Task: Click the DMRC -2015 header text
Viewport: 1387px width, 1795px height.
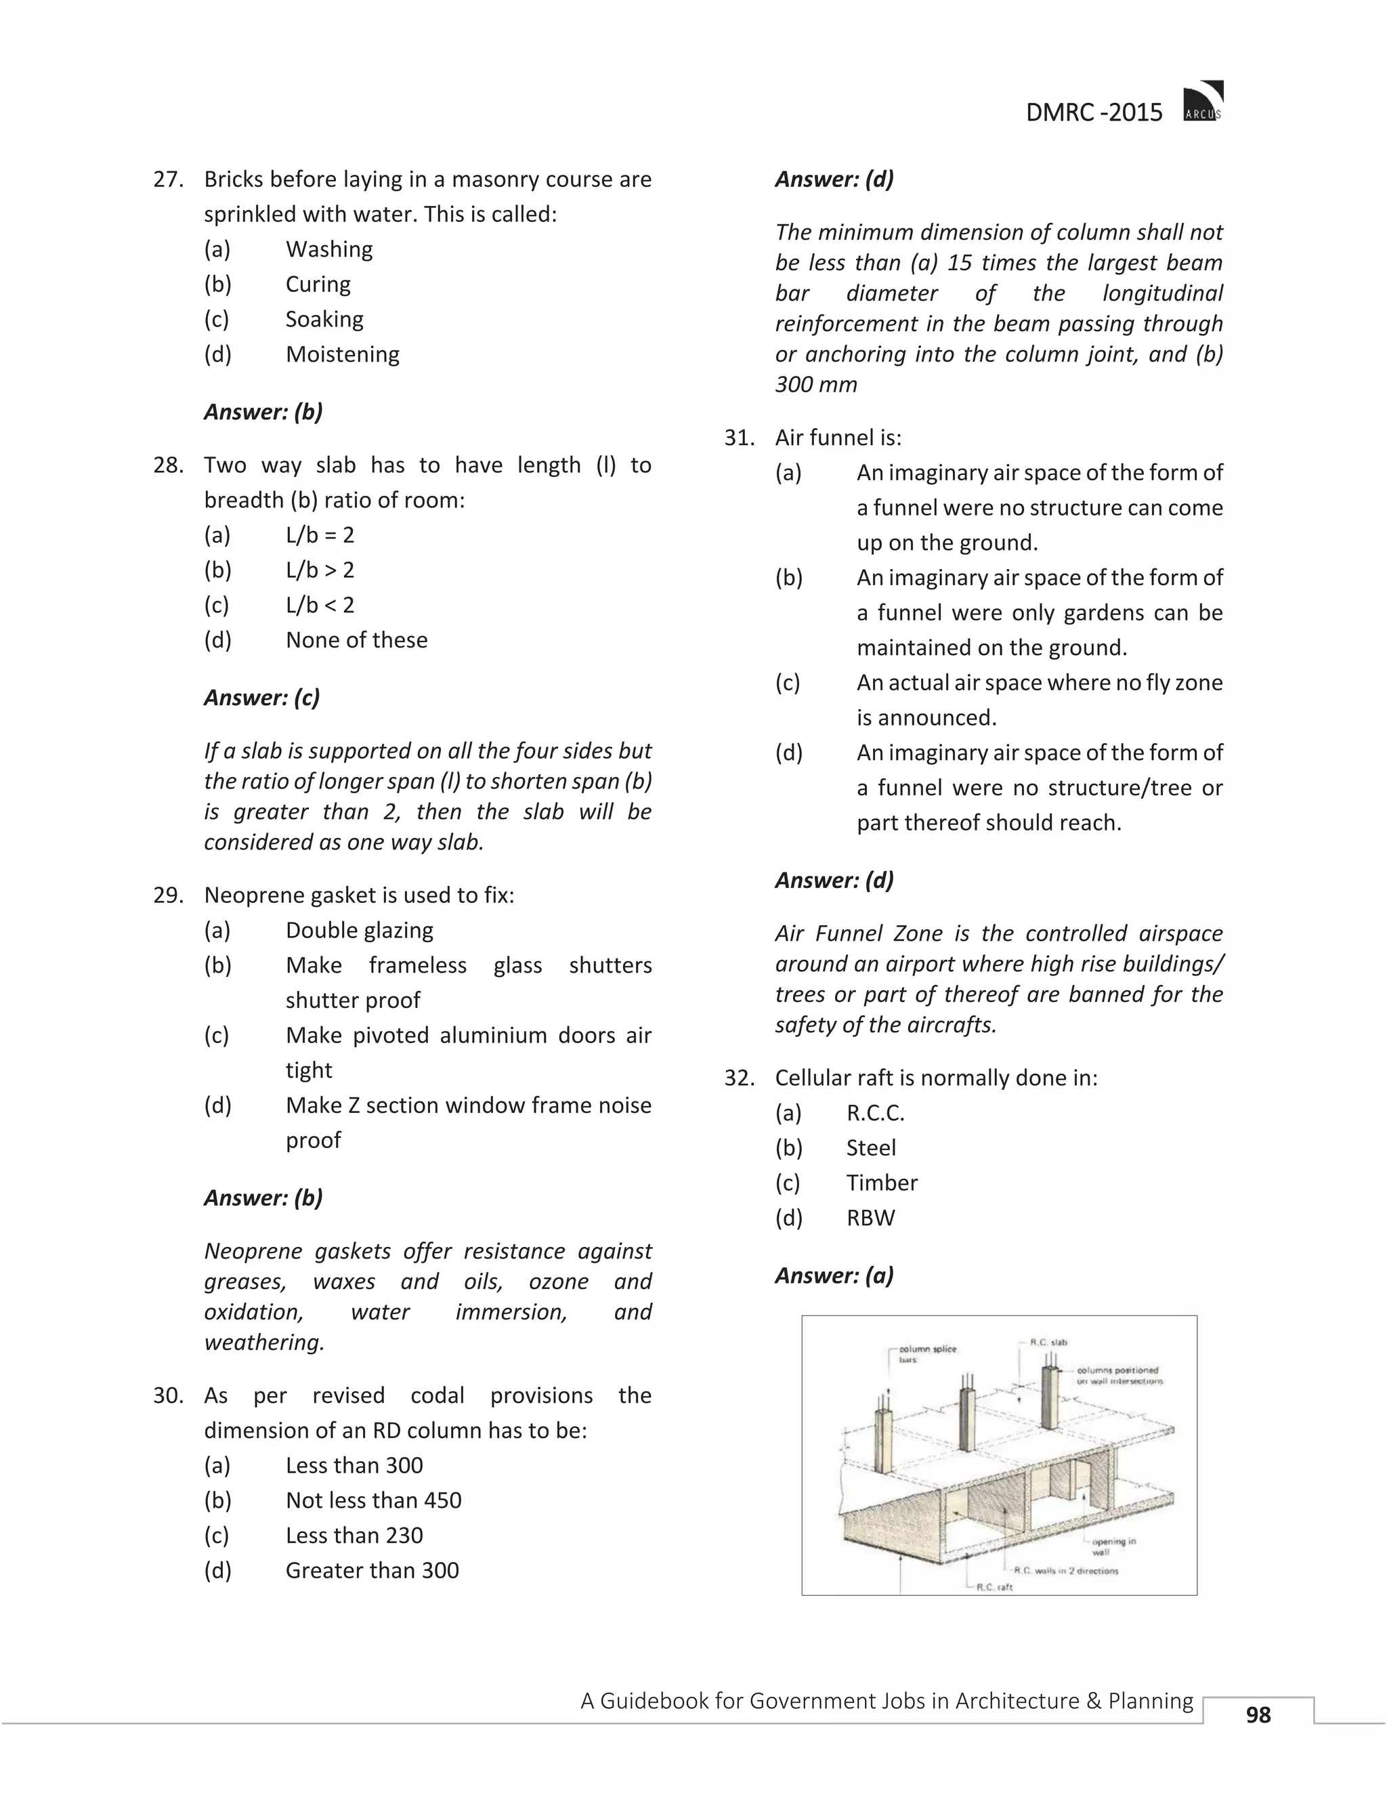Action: click(x=1094, y=112)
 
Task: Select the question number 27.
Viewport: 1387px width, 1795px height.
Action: click(x=168, y=179)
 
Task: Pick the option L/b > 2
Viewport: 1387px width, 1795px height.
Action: click(x=320, y=570)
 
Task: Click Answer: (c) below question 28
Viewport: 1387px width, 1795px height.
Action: click(x=261, y=698)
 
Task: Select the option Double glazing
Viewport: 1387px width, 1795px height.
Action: click(x=359, y=931)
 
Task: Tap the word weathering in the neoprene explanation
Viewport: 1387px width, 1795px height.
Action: click(x=263, y=1342)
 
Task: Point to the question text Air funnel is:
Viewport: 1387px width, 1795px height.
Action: click(x=837, y=438)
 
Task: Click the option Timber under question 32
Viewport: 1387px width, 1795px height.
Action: click(x=881, y=1183)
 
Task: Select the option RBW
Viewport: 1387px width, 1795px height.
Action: click(x=870, y=1218)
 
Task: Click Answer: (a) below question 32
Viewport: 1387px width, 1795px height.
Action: click(x=833, y=1275)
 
